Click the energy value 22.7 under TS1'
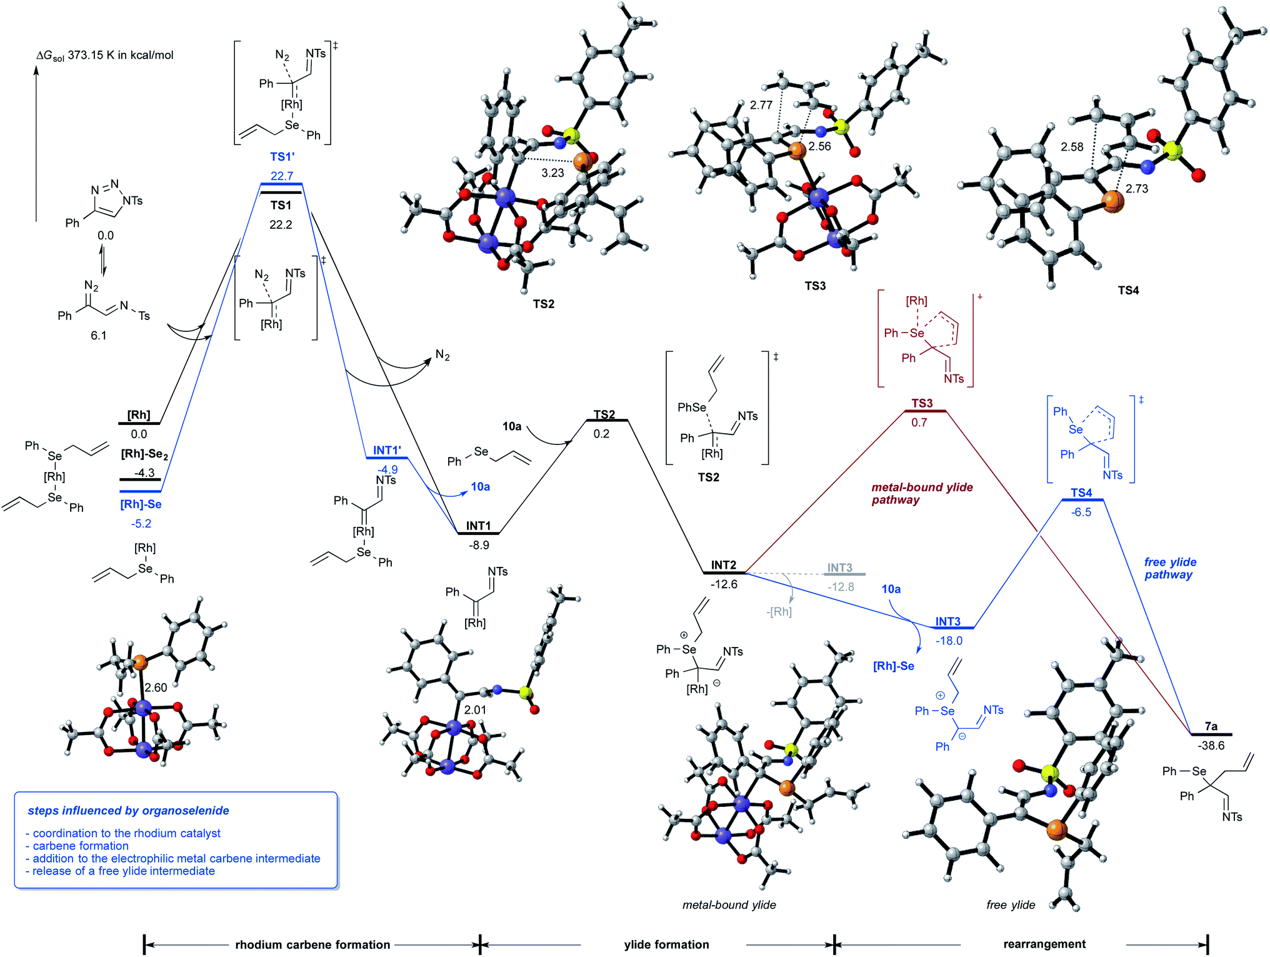click(282, 176)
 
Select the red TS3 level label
click(922, 403)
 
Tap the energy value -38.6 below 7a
click(1211, 746)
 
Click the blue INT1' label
click(387, 450)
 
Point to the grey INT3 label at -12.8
click(839, 568)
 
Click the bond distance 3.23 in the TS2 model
click(552, 173)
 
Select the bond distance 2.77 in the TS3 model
click(761, 105)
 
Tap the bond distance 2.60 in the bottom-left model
click(156, 688)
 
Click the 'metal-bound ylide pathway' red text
click(922, 493)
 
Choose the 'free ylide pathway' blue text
click(1169, 568)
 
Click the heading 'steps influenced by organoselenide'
click(128, 811)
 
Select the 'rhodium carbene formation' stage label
click(312, 944)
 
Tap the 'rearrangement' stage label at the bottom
click(1044, 944)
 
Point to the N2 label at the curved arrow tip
click(442, 355)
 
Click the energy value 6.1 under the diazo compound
click(98, 336)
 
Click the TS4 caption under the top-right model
click(1128, 290)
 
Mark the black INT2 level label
click(723, 565)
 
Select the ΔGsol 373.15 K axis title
click(105, 55)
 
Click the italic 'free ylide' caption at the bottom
click(1011, 904)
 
